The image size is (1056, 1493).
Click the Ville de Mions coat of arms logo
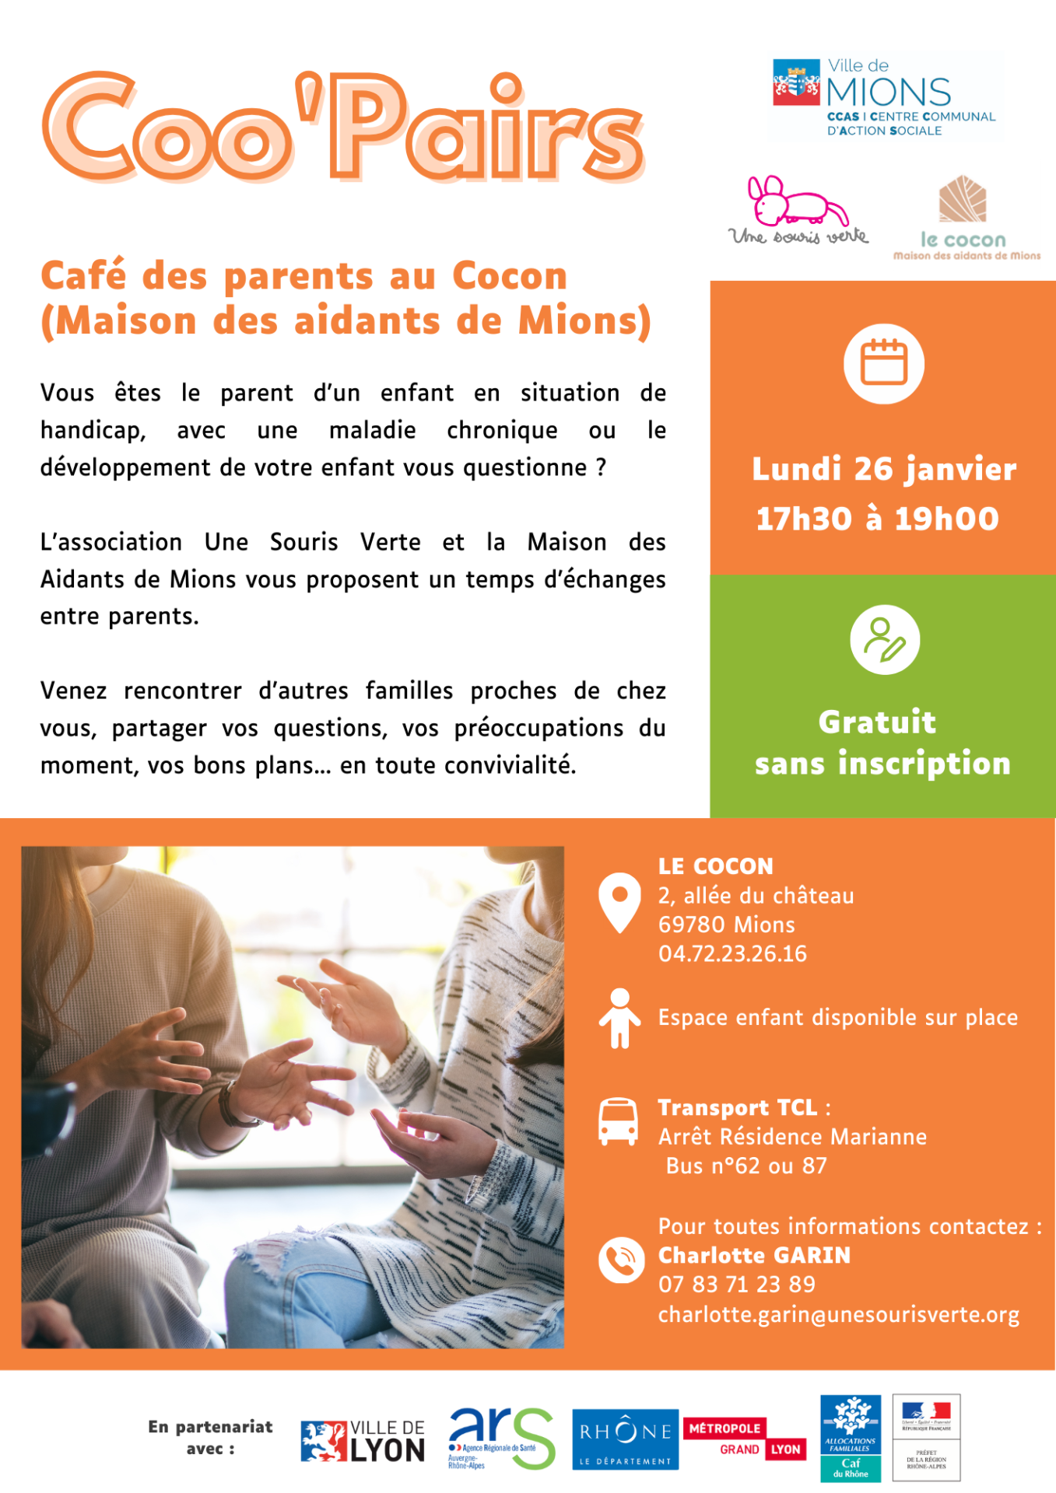(796, 82)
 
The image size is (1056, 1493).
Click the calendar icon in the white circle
(883, 363)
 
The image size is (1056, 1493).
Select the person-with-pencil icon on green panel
(885, 639)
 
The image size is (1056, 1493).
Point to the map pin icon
(619, 901)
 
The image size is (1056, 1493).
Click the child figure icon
(619, 1018)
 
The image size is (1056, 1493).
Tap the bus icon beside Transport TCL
(618, 1121)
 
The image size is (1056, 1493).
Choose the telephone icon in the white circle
(621, 1259)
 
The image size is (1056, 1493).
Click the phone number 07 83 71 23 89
(736, 1284)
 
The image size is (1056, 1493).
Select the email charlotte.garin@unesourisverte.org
(838, 1314)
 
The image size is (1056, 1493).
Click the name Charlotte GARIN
(754, 1255)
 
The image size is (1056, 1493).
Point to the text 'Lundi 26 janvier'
(884, 469)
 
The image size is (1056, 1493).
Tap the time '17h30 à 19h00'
(877, 519)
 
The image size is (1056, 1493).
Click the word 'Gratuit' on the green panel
(877, 722)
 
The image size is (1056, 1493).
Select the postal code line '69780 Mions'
(726, 925)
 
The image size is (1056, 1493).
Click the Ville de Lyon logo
(363, 1441)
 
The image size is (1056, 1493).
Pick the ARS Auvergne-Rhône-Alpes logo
(500, 1438)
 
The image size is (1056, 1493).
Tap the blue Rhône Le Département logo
(625, 1439)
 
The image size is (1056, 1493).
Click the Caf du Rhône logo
(850, 1438)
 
